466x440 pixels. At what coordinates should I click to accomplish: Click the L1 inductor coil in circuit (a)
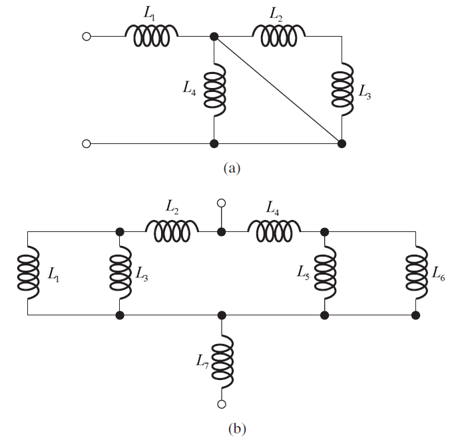[x=152, y=37]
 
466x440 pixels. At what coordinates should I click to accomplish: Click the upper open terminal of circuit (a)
[x=86, y=37]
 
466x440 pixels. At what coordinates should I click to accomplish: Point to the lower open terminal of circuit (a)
[x=86, y=143]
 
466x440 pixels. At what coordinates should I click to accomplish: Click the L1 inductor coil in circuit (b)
[x=28, y=273]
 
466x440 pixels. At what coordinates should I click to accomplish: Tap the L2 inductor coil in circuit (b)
[x=172, y=231]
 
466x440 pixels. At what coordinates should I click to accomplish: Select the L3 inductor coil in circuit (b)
[x=120, y=273]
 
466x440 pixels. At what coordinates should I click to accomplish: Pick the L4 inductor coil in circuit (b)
[x=273, y=231]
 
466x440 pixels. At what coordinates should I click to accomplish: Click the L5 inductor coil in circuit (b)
[x=325, y=273]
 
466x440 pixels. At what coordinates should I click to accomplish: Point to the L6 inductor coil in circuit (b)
[x=416, y=273]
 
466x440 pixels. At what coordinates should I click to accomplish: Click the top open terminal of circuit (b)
[x=222, y=202]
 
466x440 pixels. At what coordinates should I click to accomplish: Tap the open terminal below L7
[x=222, y=403]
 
